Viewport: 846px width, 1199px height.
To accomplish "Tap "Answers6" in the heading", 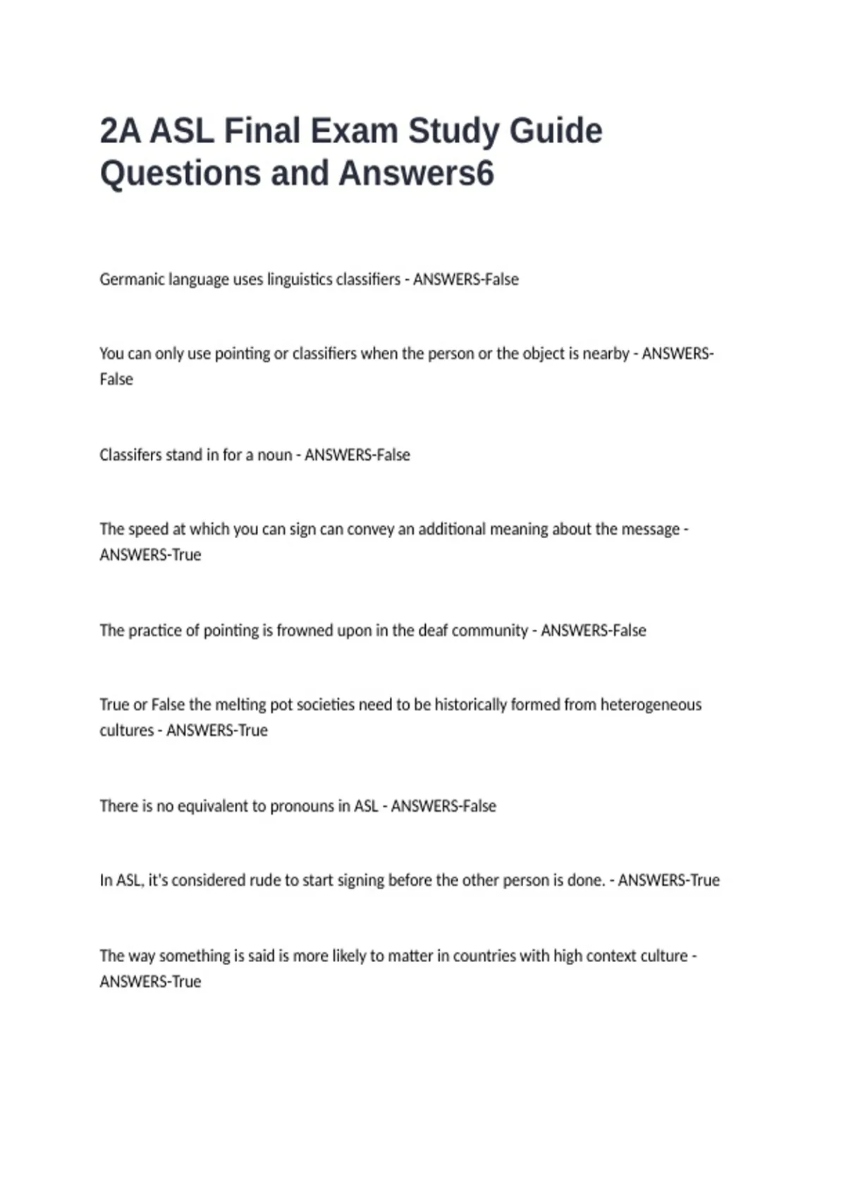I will pyautogui.click(x=417, y=174).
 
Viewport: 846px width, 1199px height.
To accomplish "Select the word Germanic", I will pyautogui.click(x=131, y=279).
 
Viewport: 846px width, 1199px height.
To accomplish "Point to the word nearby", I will pyautogui.click(x=606, y=353).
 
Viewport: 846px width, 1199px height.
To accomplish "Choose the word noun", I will pyautogui.click(x=274, y=455).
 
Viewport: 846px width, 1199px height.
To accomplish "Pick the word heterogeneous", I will pyautogui.click(x=651, y=705).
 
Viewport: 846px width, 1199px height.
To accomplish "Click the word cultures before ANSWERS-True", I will pyautogui.click(x=126, y=731).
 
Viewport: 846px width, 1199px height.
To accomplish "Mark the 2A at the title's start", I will pyautogui.click(x=120, y=131).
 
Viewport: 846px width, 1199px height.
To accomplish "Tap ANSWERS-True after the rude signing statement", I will pyautogui.click(x=668, y=880).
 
